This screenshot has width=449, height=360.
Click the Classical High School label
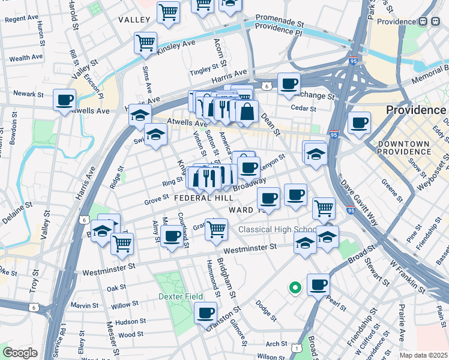coord(277,230)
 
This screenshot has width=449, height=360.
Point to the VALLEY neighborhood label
coord(134,20)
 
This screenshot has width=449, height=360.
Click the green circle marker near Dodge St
coord(294,288)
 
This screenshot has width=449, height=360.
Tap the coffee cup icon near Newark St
coord(64,100)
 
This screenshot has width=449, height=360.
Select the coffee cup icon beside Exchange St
coord(289,83)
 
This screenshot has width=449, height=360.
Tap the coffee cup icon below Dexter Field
coord(205,313)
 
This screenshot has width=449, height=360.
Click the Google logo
coord(20,352)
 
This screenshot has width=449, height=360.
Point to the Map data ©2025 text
coord(423,355)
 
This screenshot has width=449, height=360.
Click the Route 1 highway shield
coord(296,347)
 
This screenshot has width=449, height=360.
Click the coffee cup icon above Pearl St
coord(318,284)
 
